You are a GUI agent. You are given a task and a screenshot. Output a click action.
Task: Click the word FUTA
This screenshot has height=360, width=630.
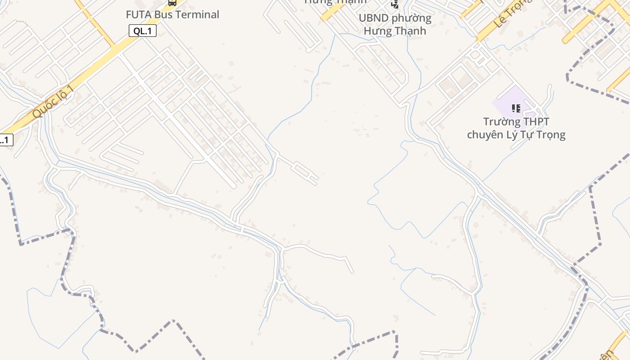click(139, 14)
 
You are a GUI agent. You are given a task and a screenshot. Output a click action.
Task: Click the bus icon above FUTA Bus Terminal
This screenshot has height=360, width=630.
click(172, 3)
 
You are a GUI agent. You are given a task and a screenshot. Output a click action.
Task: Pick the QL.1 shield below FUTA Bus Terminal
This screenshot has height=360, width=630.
click(143, 31)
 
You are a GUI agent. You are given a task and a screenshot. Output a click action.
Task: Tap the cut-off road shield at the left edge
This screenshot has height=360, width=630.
click(5, 140)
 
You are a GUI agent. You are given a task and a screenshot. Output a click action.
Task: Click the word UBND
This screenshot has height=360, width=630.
click(374, 18)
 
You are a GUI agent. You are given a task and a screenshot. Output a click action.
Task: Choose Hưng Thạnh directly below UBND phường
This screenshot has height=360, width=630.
click(395, 31)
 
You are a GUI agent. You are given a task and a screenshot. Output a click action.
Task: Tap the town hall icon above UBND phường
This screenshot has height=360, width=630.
click(395, 4)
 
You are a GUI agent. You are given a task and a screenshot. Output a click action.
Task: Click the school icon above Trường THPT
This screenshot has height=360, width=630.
click(516, 108)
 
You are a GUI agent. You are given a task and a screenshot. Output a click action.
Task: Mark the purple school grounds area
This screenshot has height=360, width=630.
click(504, 101)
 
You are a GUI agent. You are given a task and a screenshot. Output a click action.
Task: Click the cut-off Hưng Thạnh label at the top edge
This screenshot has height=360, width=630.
click(335, 2)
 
